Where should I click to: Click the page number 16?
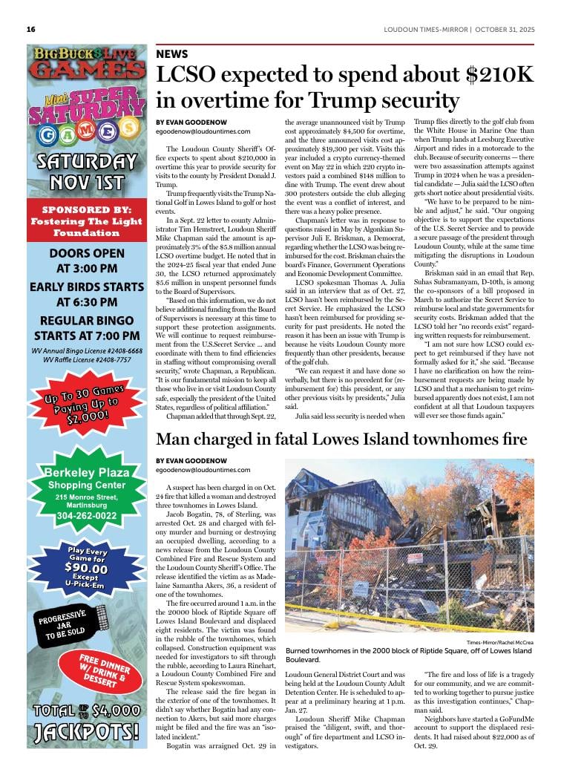[31, 30]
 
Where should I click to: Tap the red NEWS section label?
[172, 54]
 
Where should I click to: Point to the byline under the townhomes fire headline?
[186, 460]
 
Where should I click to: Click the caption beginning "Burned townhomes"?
[408, 655]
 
